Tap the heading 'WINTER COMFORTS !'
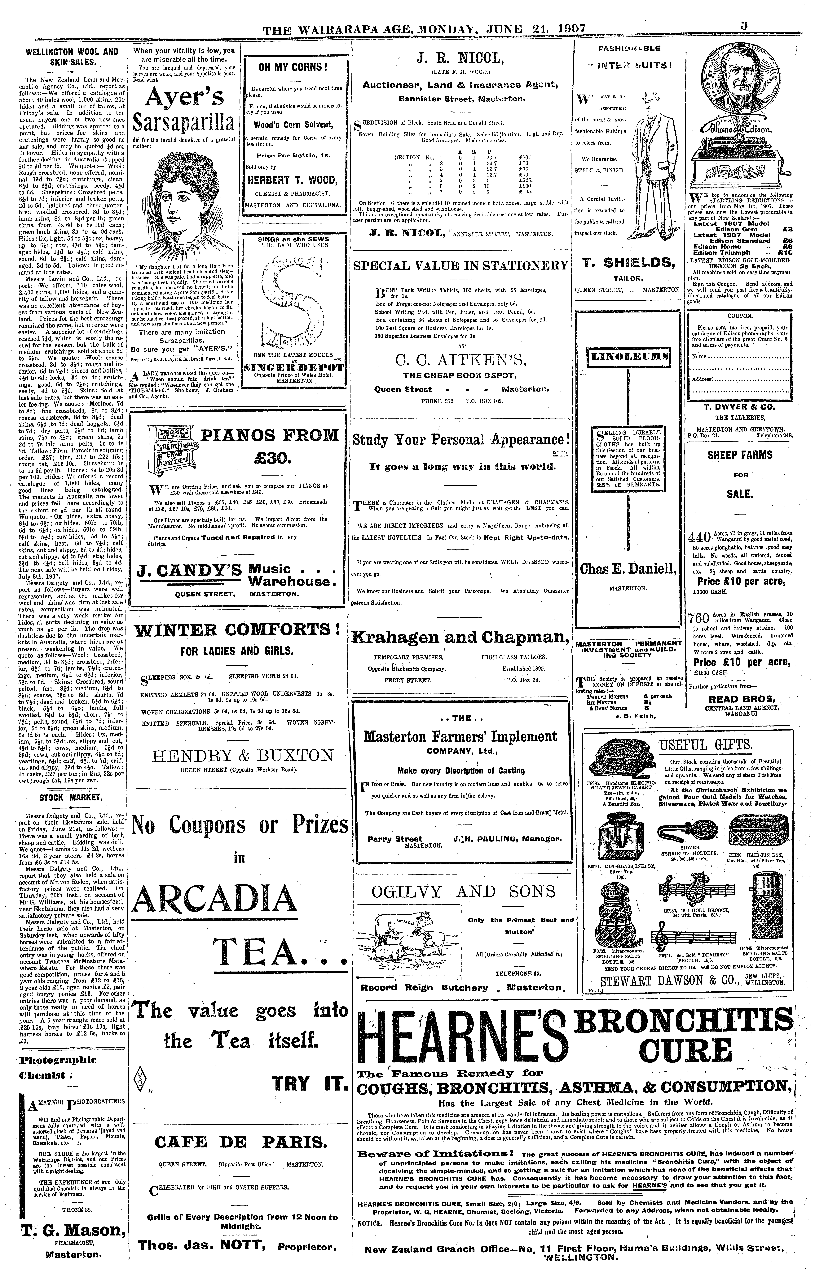pyautogui.click(x=237, y=630)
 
